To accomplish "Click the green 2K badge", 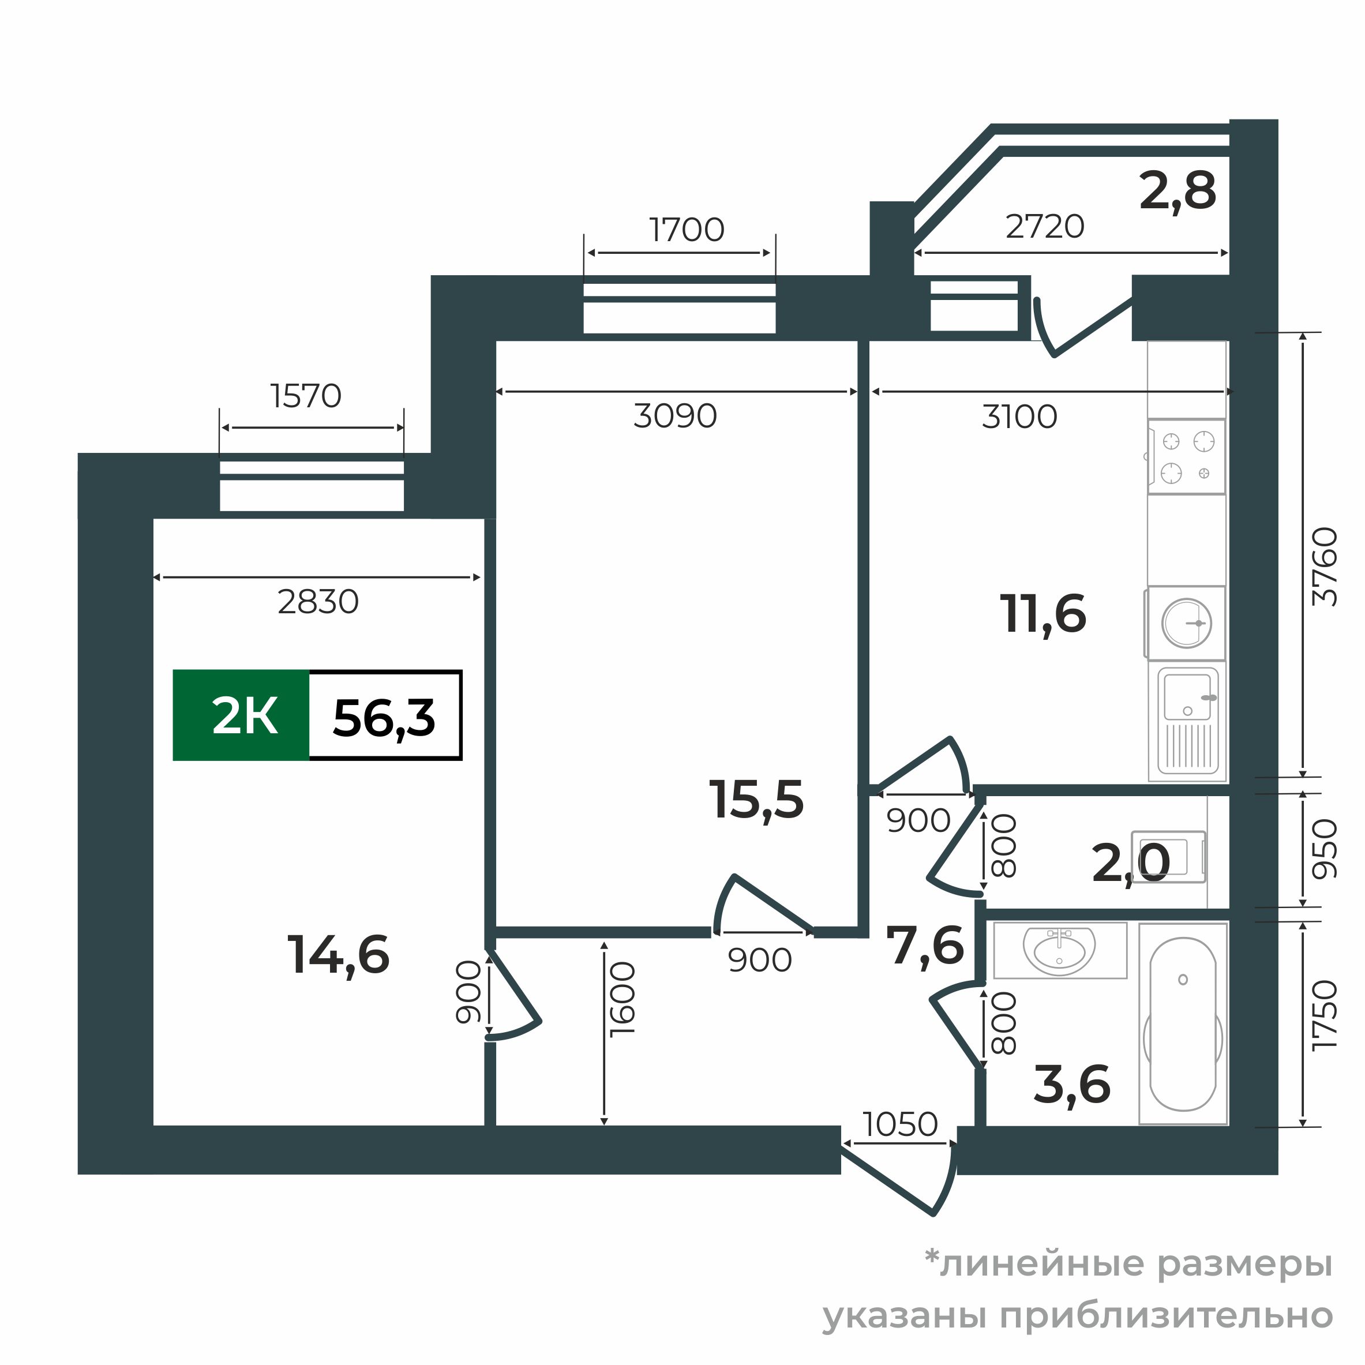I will coord(242,716).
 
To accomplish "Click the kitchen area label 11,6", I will coord(1043,613).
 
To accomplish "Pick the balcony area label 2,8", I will coord(1177,191).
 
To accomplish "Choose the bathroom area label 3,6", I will coord(1072,1085).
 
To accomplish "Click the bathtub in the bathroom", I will coord(1183,1023).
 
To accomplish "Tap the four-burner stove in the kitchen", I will coord(1187,457).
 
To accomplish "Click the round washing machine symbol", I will coord(1186,623).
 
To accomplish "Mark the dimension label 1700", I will coord(686,230).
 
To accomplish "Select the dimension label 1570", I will coord(306,396).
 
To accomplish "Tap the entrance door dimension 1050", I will coord(899,1124).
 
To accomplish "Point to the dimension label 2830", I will coord(318,602).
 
